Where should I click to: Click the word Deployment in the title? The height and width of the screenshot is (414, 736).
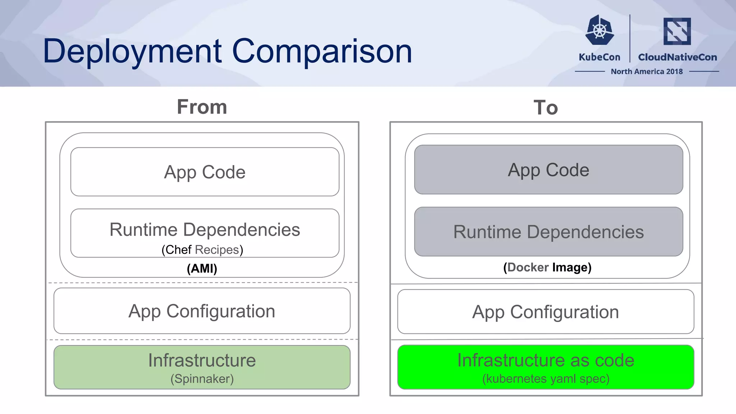click(132, 51)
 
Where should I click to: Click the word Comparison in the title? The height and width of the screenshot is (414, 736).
click(322, 51)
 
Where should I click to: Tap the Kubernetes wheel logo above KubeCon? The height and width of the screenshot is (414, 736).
click(599, 30)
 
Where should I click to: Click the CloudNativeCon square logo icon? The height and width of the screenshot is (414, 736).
click(677, 31)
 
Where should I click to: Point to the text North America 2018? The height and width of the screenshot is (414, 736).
click(647, 72)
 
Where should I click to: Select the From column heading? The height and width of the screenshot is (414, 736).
click(202, 107)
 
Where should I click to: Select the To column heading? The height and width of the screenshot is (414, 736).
click(546, 107)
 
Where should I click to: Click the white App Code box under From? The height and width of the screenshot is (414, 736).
click(205, 172)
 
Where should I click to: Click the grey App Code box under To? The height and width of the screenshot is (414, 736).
click(548, 170)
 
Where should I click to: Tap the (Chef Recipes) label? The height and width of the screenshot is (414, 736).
click(202, 249)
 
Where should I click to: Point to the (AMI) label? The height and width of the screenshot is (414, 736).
click(202, 268)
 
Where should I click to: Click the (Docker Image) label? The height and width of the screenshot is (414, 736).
click(547, 267)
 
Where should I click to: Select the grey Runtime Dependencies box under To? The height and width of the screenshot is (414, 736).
click(548, 232)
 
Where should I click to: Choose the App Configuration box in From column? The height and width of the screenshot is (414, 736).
click(202, 311)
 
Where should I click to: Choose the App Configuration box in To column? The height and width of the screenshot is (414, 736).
click(546, 312)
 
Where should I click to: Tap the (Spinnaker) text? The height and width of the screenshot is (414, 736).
click(202, 379)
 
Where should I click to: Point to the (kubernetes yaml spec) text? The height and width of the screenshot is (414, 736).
click(546, 379)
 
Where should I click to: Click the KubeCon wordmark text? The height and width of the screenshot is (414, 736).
click(599, 57)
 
